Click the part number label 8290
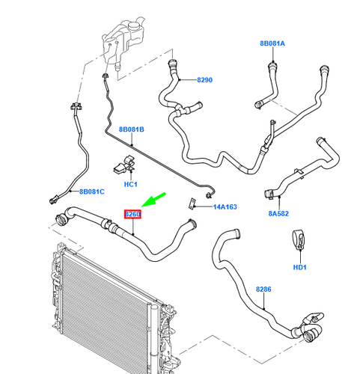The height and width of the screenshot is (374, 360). click(x=205, y=79)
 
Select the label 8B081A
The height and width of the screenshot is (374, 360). click(x=272, y=43)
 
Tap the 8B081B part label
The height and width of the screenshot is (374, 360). click(x=132, y=129)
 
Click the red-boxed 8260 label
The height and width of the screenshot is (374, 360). click(x=132, y=215)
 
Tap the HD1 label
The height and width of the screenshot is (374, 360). click(x=301, y=268)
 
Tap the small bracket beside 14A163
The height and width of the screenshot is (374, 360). click(x=192, y=202)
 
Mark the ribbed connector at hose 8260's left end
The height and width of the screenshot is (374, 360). click(x=59, y=220)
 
